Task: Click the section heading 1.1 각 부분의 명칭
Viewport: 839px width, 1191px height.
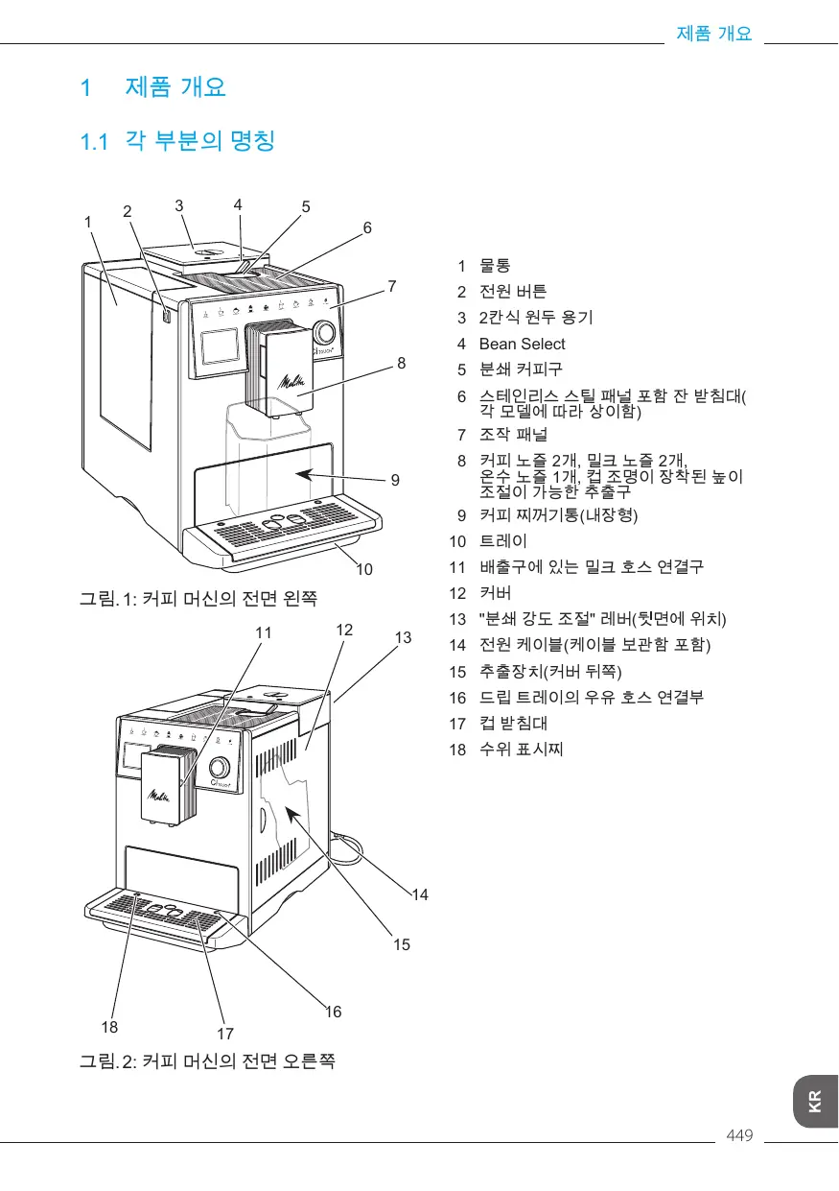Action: pos(177,142)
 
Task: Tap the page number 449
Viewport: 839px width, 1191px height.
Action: pos(740,1136)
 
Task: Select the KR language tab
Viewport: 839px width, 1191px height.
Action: pos(814,1101)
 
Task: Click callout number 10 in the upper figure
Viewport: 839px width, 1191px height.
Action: pos(364,569)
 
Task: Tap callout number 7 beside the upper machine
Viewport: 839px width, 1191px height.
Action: pos(391,286)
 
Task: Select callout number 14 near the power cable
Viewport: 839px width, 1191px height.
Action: pos(420,894)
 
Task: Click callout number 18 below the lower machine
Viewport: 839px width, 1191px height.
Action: pos(110,1026)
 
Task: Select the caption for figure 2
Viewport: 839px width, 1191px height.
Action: pos(206,1061)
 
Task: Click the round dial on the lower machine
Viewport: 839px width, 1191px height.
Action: pos(220,768)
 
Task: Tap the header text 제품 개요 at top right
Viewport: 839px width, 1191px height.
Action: pos(713,34)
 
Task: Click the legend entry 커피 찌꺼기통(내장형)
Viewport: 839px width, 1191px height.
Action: pos(558,514)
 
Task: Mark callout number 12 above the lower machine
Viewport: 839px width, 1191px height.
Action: pos(345,630)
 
